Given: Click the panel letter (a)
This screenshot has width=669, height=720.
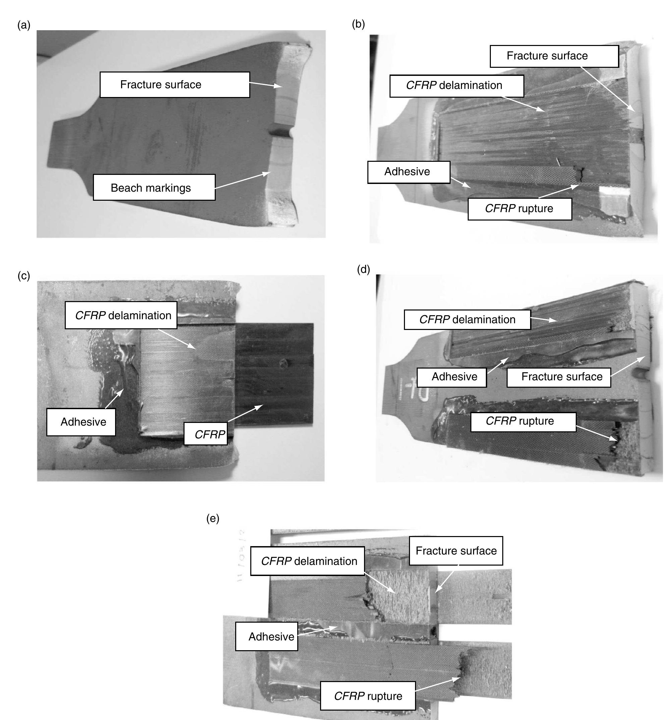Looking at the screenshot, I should (x=24, y=26).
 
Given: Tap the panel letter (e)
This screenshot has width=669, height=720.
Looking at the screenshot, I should (x=213, y=519).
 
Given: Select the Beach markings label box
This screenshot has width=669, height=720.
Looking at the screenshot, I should (x=154, y=188).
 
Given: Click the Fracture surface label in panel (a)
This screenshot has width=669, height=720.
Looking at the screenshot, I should (x=174, y=85).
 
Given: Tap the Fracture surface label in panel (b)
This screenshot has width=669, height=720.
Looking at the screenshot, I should (x=554, y=56).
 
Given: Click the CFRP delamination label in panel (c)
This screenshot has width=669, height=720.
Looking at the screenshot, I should (x=121, y=316).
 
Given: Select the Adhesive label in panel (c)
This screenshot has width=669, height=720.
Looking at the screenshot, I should (x=81, y=422).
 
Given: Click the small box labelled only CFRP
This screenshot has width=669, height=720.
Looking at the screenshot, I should (x=206, y=434).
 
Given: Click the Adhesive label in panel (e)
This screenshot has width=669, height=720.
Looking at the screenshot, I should (x=267, y=636).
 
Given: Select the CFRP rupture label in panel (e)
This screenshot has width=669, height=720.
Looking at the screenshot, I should (x=368, y=696).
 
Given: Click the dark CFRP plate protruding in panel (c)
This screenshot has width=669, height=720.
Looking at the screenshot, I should (x=275, y=373).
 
